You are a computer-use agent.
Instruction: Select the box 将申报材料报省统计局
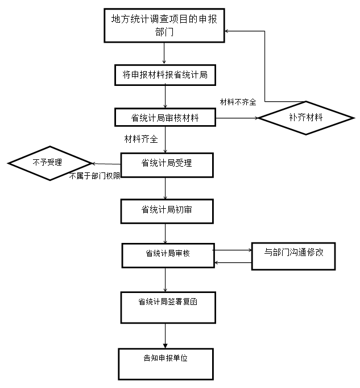pyautogui.click(x=165, y=75)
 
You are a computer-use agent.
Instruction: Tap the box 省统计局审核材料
pyautogui.click(x=165, y=118)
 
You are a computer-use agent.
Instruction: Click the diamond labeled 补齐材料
pyautogui.click(x=306, y=118)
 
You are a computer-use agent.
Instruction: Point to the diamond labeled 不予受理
pyautogui.click(x=50, y=163)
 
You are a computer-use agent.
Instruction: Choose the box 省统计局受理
pyautogui.click(x=166, y=164)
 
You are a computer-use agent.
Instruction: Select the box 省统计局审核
pyautogui.click(x=167, y=254)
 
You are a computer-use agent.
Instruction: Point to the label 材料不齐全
pyautogui.click(x=238, y=102)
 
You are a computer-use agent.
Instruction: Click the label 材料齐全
pyautogui.click(x=141, y=138)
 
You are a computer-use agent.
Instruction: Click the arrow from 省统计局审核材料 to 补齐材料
pyautogui.click(x=237, y=118)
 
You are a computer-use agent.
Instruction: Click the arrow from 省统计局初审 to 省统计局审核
pyautogui.click(x=165, y=233)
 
